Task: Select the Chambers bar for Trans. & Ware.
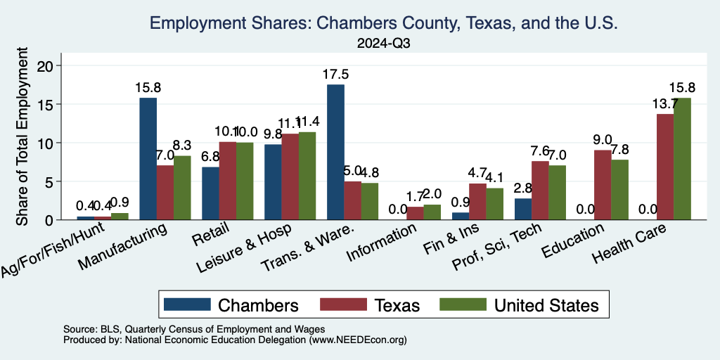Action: [335, 152]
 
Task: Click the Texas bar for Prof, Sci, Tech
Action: [540, 191]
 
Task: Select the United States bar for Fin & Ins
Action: [494, 204]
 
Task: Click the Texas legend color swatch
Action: [344, 304]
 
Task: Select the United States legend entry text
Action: [546, 304]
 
